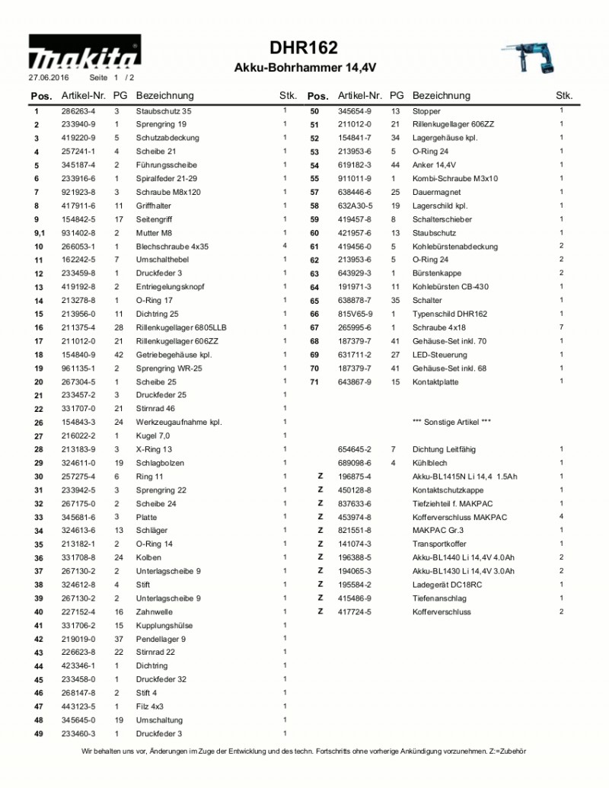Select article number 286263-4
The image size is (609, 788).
coord(78,111)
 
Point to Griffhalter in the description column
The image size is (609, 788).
coord(153,206)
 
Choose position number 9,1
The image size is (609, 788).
coord(37,233)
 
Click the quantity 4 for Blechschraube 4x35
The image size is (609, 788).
coord(285,246)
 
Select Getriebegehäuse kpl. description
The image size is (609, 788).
coord(174,355)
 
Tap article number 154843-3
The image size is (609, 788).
coord(78,422)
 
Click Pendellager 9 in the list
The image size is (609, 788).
coord(161,639)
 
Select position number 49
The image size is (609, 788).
coord(37,734)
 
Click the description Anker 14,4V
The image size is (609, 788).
coord(434,165)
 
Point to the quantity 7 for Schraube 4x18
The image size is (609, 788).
coord(561,327)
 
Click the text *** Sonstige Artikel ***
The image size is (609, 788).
coord(451,422)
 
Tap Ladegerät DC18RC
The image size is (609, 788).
coord(447,585)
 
